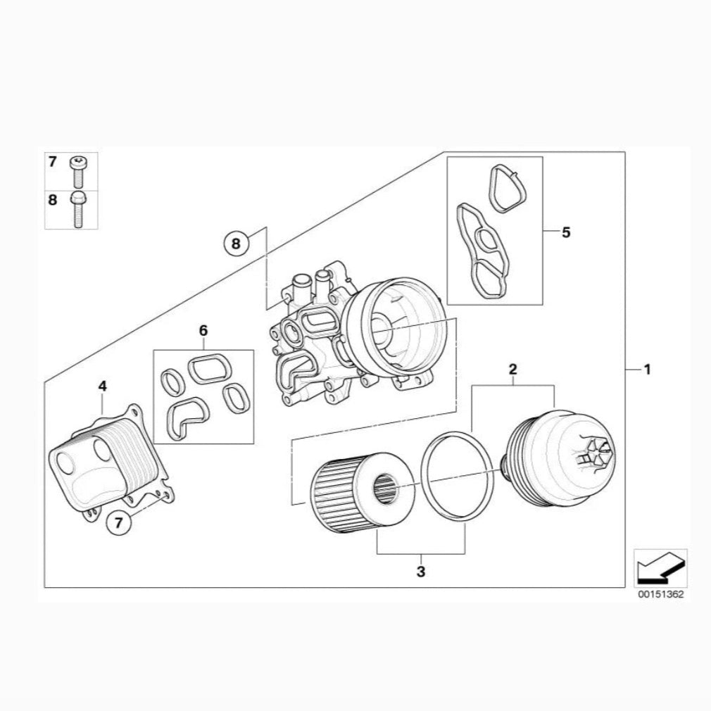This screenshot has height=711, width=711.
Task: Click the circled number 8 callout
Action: point(236,244)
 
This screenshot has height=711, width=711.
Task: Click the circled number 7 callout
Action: point(118,523)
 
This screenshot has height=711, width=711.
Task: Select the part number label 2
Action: point(513,369)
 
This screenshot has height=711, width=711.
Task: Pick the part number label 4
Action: point(103,386)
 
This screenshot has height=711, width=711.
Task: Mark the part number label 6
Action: point(203,330)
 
